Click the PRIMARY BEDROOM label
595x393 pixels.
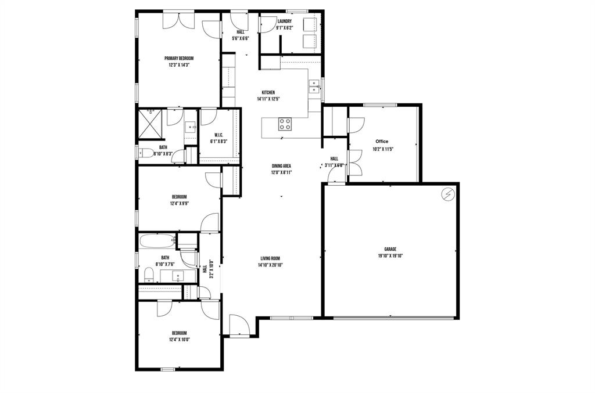coord(178,58)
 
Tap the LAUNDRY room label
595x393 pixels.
coord(284,21)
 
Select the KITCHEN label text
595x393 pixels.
coord(268,92)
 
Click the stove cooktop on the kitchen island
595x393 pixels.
coord(285,123)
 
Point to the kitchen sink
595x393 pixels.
coord(314,86)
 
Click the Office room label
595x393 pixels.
coord(382,142)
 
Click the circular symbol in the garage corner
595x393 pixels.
coord(448,194)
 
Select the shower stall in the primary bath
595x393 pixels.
coord(149,123)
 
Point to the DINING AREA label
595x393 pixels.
coord(281,165)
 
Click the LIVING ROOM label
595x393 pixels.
coord(270,258)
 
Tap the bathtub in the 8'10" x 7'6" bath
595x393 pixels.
coord(157,240)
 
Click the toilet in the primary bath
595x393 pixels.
coord(147,153)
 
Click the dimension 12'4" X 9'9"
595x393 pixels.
coord(178,204)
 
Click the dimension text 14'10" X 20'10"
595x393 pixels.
coord(270,265)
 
